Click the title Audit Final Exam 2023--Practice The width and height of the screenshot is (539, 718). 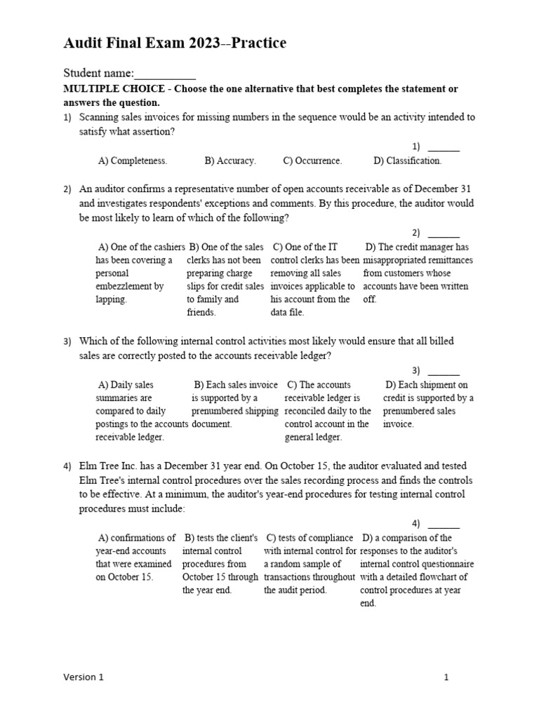click(175, 43)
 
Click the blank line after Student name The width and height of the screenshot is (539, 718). click(165, 74)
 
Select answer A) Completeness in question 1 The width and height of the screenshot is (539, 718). click(133, 161)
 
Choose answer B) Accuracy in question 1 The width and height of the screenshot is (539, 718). click(230, 161)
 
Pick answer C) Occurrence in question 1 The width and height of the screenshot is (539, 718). click(312, 161)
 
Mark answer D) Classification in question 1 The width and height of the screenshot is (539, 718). click(408, 161)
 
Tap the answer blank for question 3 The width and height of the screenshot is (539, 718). click(444, 372)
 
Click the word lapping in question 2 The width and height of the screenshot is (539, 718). click(111, 299)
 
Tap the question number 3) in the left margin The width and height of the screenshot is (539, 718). click(67, 341)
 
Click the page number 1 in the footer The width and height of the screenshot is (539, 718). click(446, 677)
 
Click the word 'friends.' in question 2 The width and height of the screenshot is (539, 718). click(201, 313)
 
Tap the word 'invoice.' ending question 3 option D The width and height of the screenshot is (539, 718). click(399, 424)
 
